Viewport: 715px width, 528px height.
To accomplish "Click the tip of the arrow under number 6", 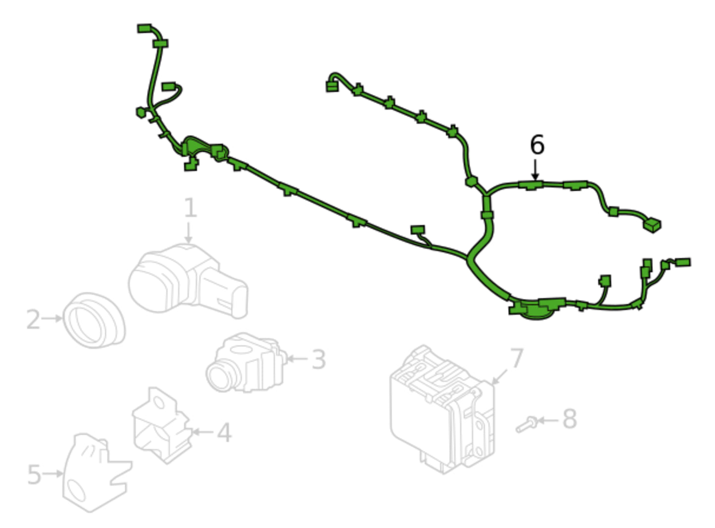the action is pyautogui.click(x=535, y=180).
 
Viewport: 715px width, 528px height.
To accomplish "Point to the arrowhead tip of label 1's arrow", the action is pyautogui.click(x=189, y=243).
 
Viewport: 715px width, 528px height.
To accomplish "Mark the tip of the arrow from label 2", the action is pyautogui.click(x=62, y=318).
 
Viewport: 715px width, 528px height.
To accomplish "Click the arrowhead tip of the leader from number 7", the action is pyautogui.click(x=491, y=384).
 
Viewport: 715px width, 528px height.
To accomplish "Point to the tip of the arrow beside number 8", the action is pyautogui.click(x=537, y=420).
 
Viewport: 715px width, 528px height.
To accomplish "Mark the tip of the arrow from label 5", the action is pyautogui.click(x=63, y=474).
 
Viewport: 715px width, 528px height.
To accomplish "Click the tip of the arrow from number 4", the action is pyautogui.click(x=191, y=432).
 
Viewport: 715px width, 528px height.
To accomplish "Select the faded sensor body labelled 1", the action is pyautogui.click(x=188, y=281).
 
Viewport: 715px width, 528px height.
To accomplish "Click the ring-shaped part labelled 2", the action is pyautogui.click(x=94, y=320).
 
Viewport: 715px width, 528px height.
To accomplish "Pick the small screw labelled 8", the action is pyautogui.click(x=527, y=424).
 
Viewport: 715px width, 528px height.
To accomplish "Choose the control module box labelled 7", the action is pyautogui.click(x=442, y=410).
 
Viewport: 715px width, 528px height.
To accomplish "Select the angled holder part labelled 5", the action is pyautogui.click(x=97, y=473).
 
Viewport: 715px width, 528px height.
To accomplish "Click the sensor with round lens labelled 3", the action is pyautogui.click(x=246, y=363).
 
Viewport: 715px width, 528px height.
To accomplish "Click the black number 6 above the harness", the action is pyautogui.click(x=537, y=145).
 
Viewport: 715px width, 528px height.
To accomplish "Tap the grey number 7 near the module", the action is pyautogui.click(x=517, y=358).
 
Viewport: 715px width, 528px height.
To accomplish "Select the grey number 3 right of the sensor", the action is pyautogui.click(x=319, y=359).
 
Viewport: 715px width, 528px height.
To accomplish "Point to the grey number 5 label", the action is pyautogui.click(x=34, y=474).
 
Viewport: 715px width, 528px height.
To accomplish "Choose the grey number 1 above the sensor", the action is pyautogui.click(x=191, y=208).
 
